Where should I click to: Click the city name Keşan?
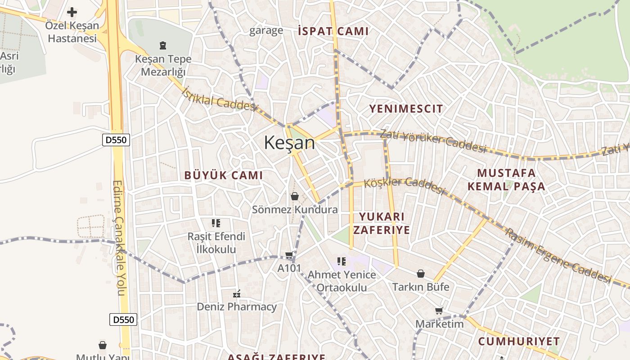[x=289, y=143]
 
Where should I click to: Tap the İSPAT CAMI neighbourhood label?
[x=333, y=31]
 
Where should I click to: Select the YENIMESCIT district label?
[x=406, y=108]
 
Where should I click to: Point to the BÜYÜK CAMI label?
[x=223, y=175]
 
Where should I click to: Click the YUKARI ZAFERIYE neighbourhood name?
[x=382, y=223]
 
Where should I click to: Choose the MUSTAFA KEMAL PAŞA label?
[x=506, y=180]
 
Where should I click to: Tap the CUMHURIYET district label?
[x=519, y=341]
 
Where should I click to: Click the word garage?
[x=266, y=31]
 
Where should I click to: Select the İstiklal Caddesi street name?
[x=219, y=99]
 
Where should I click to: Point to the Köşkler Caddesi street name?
[x=404, y=185]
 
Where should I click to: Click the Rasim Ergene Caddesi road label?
[x=558, y=256]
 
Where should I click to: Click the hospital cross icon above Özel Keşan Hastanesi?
[x=72, y=12]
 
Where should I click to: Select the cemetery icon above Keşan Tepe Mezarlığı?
[x=163, y=45]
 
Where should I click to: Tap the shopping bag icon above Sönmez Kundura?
[x=295, y=196]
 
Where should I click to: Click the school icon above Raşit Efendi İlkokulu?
[x=216, y=223]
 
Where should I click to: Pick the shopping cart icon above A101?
[x=289, y=255]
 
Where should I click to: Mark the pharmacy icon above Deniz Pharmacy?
[x=237, y=294]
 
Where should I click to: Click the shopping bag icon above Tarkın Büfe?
[x=421, y=274]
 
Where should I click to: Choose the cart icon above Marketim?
[x=439, y=310]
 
